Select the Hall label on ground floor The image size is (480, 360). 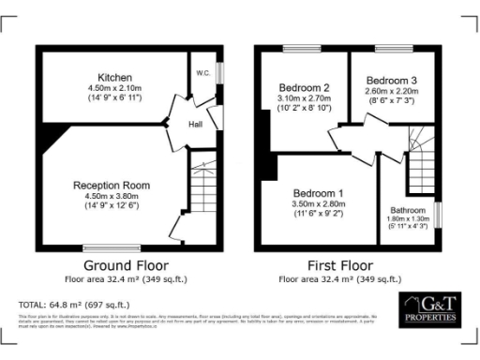(195, 123)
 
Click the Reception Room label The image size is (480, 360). (112, 186)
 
